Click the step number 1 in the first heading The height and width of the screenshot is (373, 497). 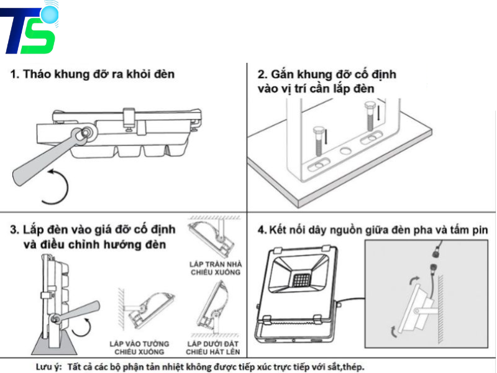14,74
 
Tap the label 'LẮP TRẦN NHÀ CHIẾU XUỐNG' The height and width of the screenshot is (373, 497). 215,268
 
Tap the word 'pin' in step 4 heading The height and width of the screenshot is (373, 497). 479,230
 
